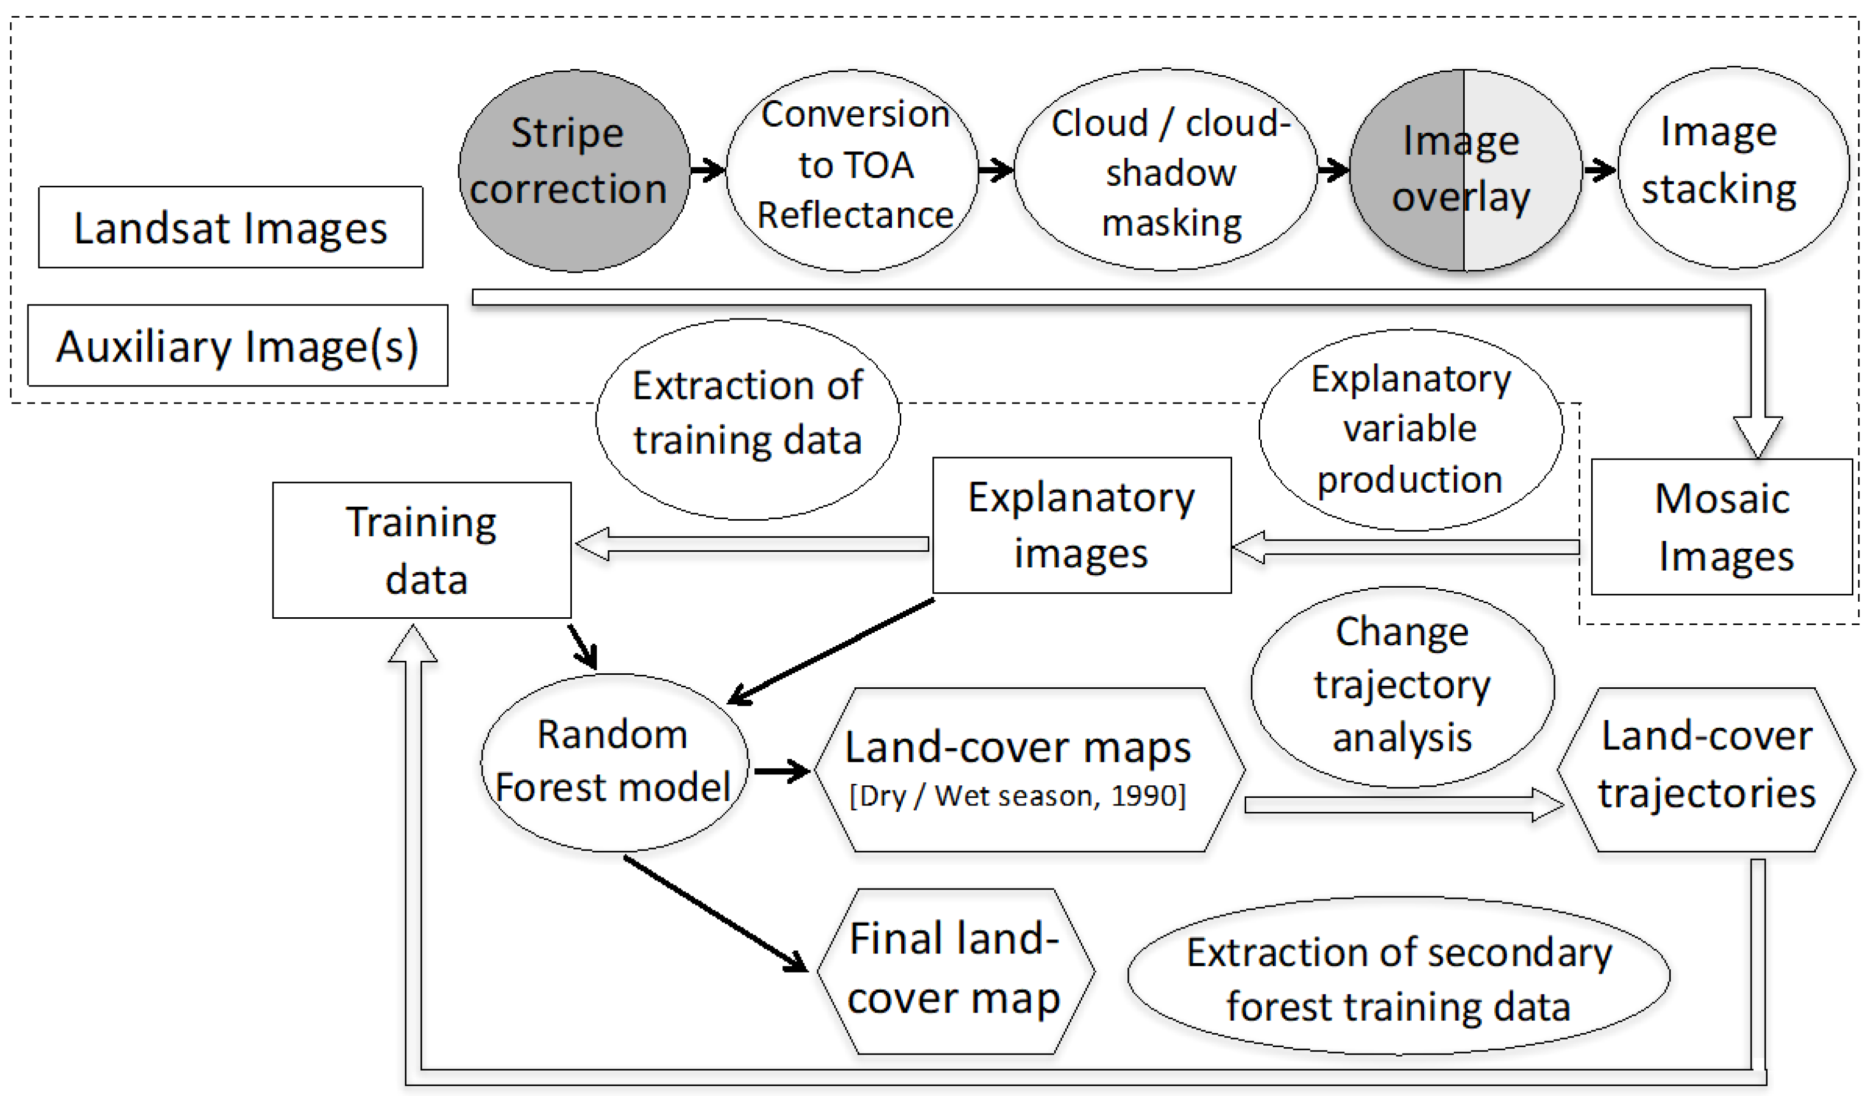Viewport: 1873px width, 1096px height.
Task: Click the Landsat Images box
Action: [x=230, y=227]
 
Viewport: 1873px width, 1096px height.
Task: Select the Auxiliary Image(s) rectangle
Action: [x=237, y=345]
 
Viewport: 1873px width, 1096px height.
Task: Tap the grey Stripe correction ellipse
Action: [x=574, y=170]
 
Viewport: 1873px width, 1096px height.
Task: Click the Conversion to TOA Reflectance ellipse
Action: [x=852, y=170]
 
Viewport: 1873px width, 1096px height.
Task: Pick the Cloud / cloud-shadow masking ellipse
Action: [x=1165, y=170]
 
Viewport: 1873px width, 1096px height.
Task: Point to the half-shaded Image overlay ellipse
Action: [x=1464, y=170]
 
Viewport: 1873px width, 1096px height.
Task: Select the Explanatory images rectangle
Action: [x=1081, y=525]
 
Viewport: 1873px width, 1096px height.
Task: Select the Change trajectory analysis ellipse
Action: [x=1402, y=687]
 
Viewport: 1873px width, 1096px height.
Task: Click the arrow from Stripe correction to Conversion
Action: [x=707, y=170]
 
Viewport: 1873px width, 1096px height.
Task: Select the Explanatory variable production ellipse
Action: [x=1410, y=430]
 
